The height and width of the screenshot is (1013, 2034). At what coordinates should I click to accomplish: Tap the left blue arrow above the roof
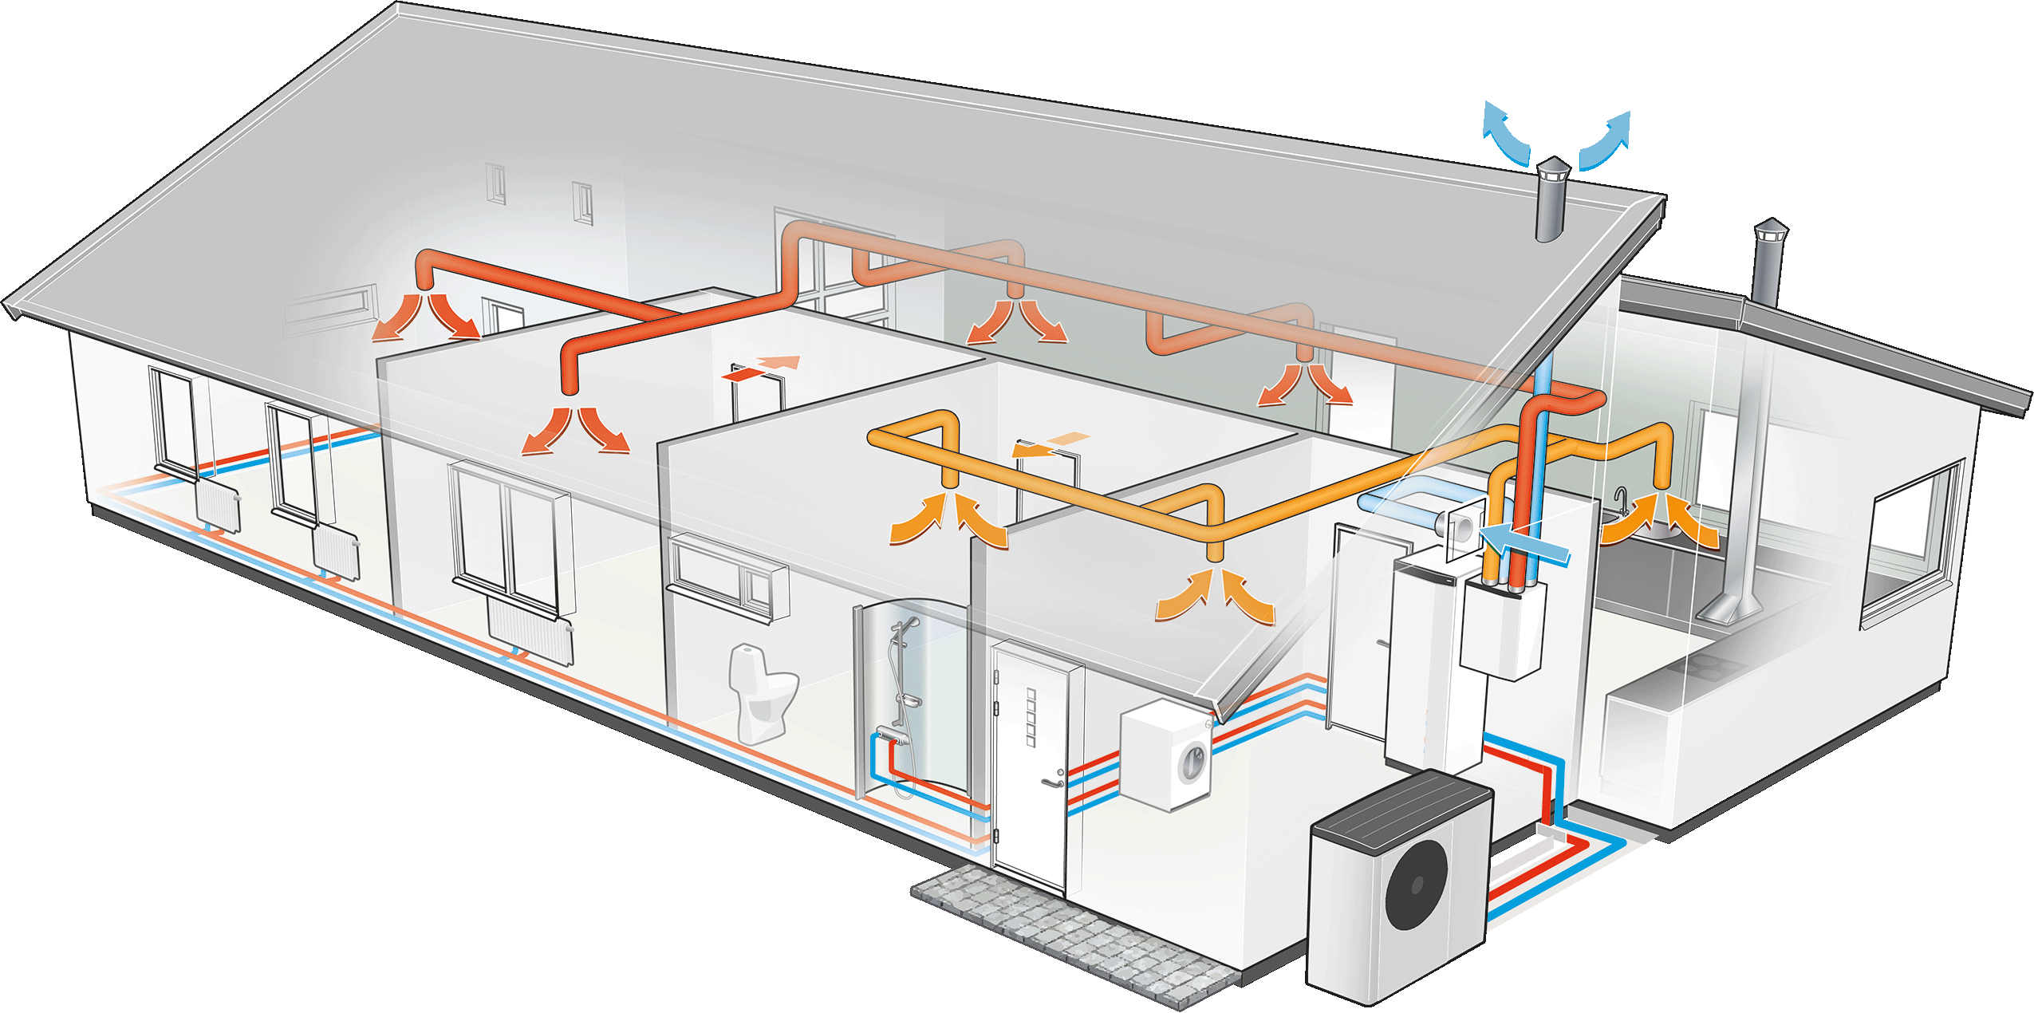click(1504, 136)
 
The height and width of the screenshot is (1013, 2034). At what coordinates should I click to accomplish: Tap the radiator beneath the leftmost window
click(217, 506)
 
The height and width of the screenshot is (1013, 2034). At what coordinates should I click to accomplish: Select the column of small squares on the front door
click(1031, 718)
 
